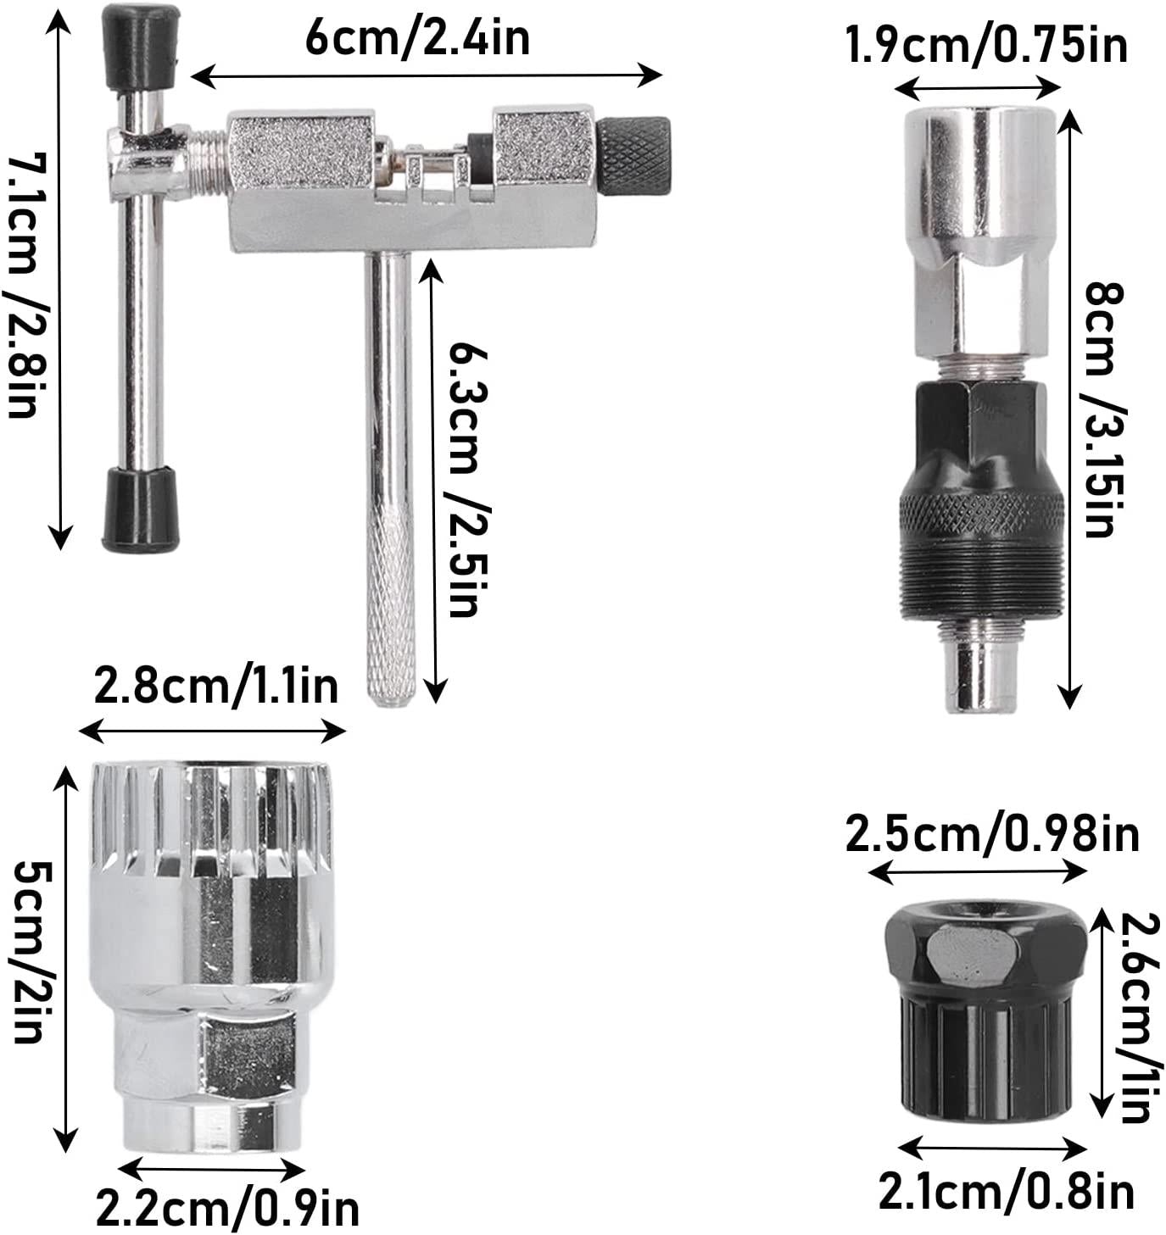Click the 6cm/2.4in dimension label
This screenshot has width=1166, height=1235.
pos(417,37)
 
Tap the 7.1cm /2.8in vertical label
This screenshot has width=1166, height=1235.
pos(27,286)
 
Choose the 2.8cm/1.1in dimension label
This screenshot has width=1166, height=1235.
pos(216,685)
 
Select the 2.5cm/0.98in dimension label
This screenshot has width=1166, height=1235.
pos(992,835)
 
